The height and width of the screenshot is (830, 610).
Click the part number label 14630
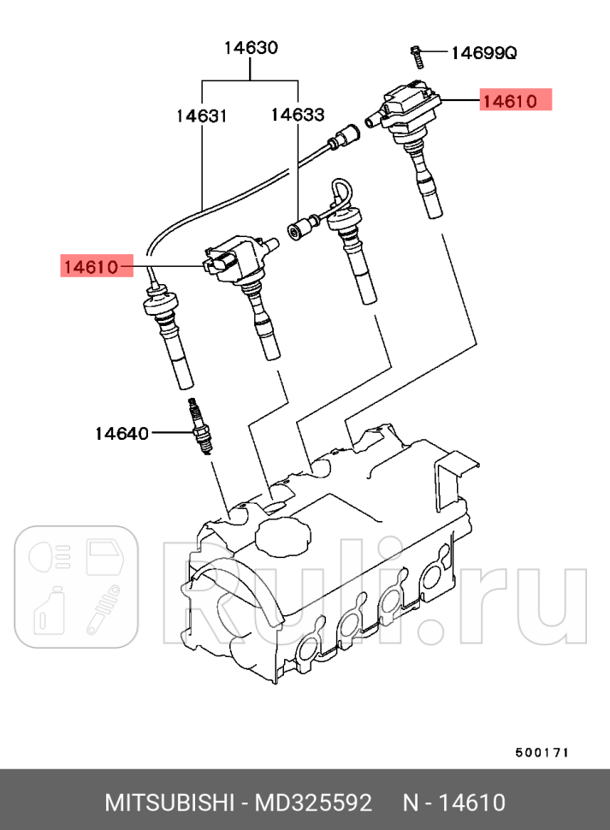(x=251, y=48)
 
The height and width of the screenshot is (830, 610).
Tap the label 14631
(x=202, y=116)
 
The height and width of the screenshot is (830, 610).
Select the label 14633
(x=298, y=116)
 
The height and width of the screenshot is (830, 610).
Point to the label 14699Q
(x=483, y=53)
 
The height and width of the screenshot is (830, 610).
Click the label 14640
(x=121, y=433)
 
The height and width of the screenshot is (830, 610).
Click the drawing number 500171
(x=542, y=752)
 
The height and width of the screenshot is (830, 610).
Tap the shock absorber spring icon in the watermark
(x=104, y=610)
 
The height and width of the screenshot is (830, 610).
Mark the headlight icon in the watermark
(x=47, y=556)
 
